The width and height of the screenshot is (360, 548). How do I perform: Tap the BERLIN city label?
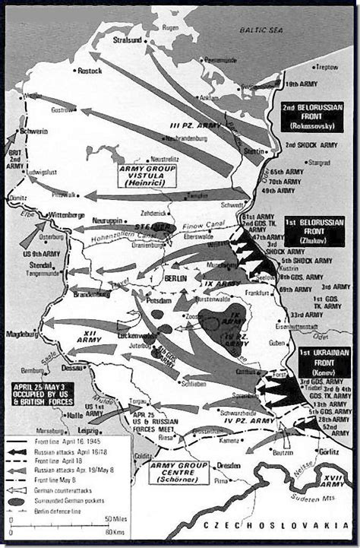[x=175, y=280]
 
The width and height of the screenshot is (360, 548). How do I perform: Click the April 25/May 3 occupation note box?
[x=42, y=393]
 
